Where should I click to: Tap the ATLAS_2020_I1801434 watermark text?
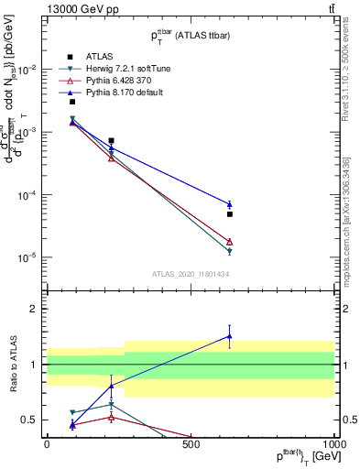(x=190, y=274)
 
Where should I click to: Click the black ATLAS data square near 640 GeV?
(x=230, y=214)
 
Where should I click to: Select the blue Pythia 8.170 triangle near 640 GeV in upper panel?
(x=230, y=204)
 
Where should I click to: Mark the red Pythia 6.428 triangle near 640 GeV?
(x=230, y=242)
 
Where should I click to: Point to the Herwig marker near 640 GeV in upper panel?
(x=230, y=251)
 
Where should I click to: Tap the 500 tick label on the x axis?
(x=191, y=443)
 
